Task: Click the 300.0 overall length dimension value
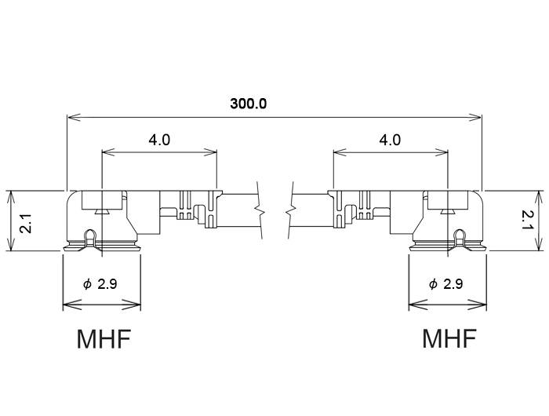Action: [248, 103]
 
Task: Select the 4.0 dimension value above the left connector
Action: [159, 140]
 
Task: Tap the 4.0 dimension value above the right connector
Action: [390, 140]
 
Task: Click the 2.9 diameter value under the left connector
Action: [107, 284]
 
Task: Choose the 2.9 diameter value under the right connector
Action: [453, 284]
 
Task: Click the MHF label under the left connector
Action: [104, 339]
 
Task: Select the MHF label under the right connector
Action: [449, 339]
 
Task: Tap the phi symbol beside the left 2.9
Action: [86, 284]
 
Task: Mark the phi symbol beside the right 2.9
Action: [432, 284]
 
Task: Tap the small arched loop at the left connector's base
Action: [92, 236]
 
